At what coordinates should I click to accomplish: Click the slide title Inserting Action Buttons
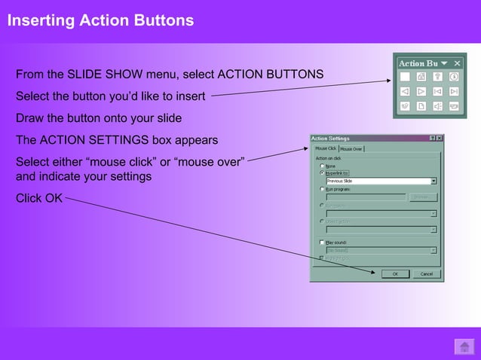click(100, 20)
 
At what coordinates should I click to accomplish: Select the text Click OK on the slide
click(39, 198)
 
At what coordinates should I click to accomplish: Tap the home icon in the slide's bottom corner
click(463, 346)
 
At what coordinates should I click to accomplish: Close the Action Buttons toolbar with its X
click(457, 63)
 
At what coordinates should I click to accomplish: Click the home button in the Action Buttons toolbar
click(421, 77)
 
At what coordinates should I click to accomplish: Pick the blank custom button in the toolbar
click(405, 77)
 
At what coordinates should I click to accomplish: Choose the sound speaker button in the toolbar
click(438, 107)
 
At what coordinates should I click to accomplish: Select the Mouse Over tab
click(351, 148)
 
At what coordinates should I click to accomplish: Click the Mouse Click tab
click(325, 148)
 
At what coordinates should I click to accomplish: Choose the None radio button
click(322, 166)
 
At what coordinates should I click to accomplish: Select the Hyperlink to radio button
click(322, 172)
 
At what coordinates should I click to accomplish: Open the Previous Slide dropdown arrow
click(434, 181)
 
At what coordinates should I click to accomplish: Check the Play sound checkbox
click(322, 243)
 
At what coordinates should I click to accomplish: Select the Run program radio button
click(322, 189)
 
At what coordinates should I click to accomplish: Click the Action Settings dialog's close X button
click(439, 139)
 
